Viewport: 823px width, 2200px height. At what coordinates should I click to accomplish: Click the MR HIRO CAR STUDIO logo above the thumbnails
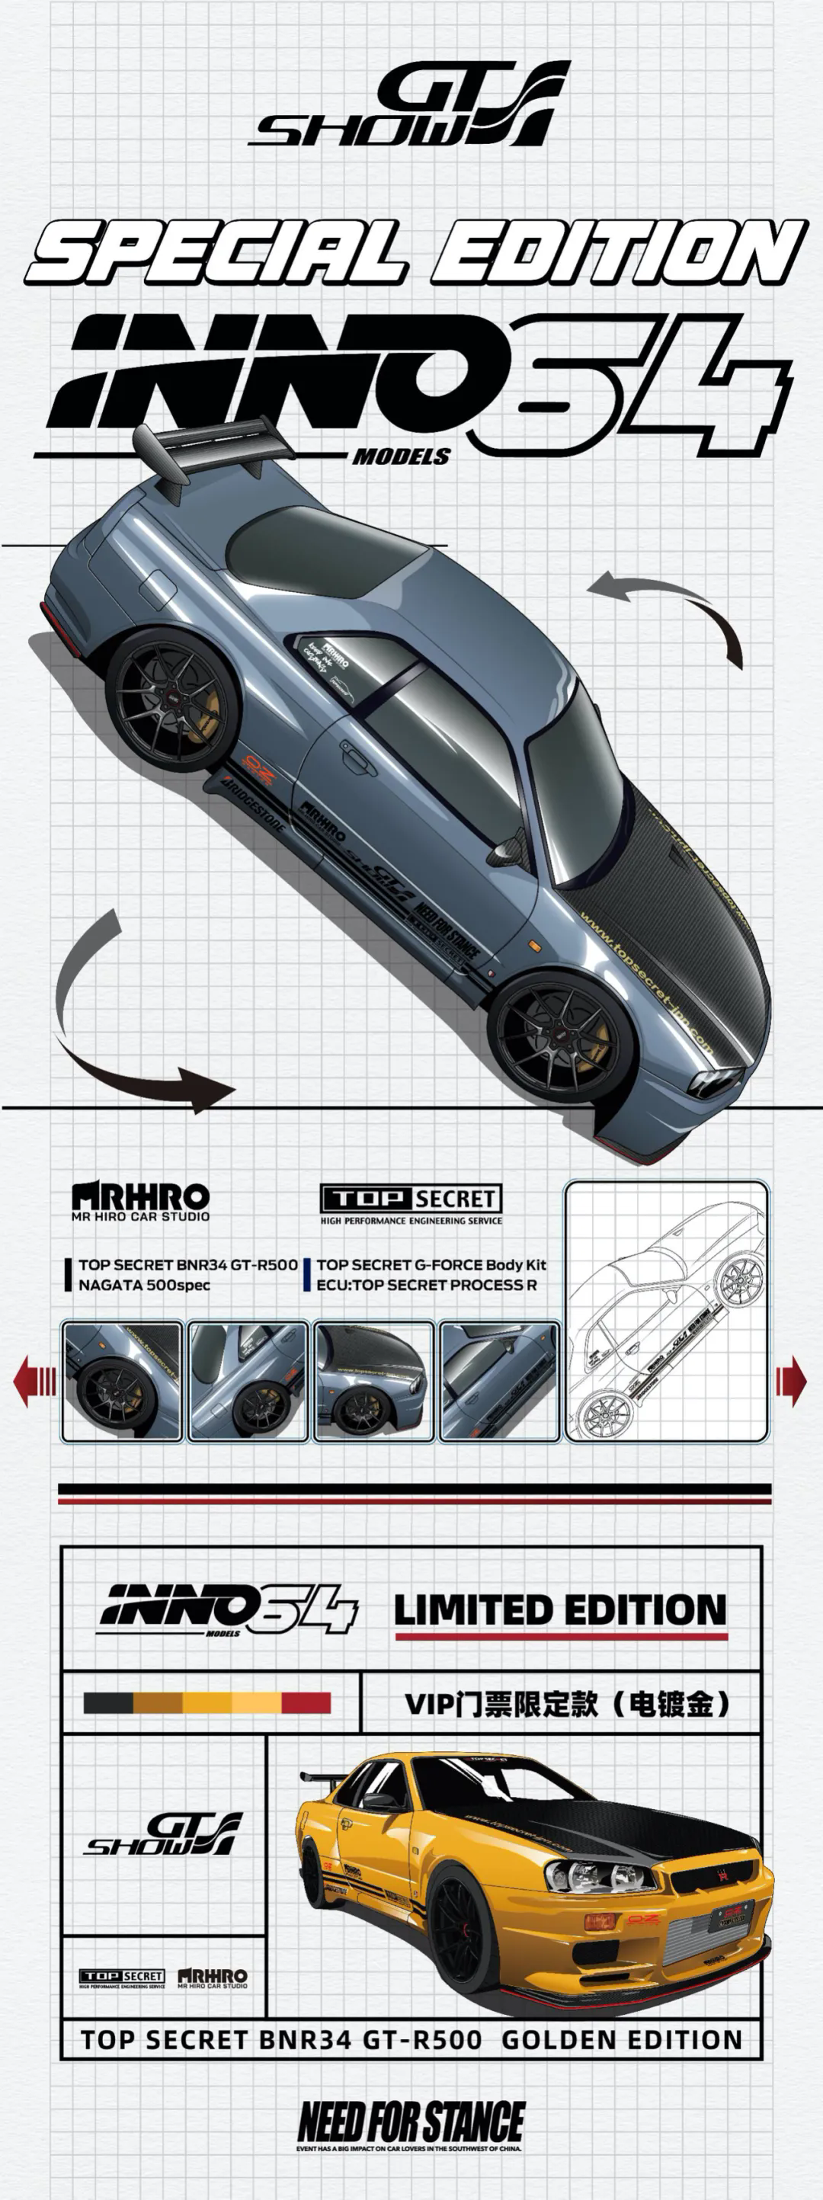(141, 1201)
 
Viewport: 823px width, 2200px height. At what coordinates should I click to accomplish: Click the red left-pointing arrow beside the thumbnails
(35, 1381)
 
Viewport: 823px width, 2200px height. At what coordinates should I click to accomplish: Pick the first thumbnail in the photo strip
(122, 1381)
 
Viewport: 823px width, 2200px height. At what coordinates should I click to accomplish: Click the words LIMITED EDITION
(560, 1610)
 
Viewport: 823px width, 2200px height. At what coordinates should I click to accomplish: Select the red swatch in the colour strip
(306, 1704)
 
